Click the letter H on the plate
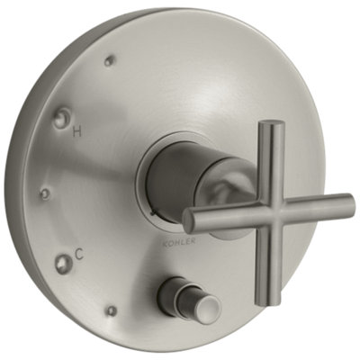pyautogui.click(x=77, y=131)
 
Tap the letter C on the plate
pyautogui.click(x=78, y=255)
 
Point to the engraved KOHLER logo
pyautogui.click(x=179, y=241)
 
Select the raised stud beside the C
pyautogui.click(x=62, y=260)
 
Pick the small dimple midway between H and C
pyautogui.click(x=45, y=193)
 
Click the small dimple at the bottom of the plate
pyautogui.click(x=112, y=310)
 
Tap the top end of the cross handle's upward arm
pyautogui.click(x=272, y=123)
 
